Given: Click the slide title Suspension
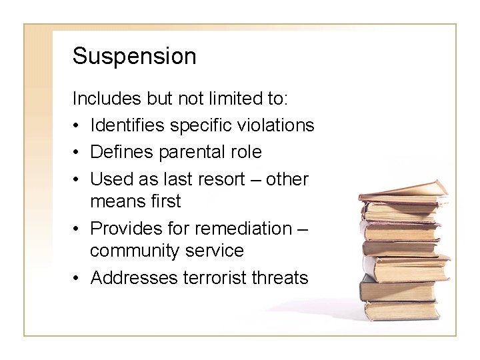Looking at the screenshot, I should (134, 57).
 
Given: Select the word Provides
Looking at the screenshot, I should (124, 228).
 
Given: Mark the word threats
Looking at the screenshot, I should (280, 277).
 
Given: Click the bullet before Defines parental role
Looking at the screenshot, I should (77, 153).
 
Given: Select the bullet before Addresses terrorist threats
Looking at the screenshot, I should (77, 278).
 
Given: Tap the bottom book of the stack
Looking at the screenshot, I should (400, 310).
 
